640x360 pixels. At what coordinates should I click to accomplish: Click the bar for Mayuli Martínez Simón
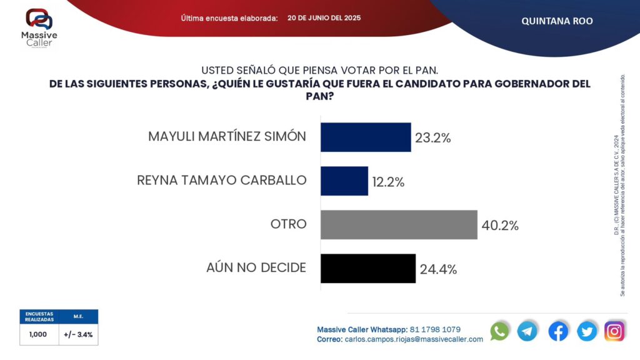click(x=366, y=137)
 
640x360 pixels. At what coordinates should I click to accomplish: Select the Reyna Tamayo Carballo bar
click(x=344, y=181)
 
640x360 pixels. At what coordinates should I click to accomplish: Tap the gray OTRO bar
click(x=399, y=224)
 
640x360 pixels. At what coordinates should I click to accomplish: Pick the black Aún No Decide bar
click(x=368, y=268)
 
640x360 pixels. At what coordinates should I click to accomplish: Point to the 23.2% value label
click(x=432, y=138)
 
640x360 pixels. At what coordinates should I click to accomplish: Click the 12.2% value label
click(x=389, y=182)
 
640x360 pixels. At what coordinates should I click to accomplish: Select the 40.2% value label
click(x=500, y=226)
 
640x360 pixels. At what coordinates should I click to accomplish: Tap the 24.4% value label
click(x=438, y=269)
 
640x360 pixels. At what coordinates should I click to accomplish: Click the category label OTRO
click(x=287, y=224)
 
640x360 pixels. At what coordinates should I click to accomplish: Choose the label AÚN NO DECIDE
click(x=256, y=267)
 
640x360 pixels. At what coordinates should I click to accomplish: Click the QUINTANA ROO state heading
click(x=557, y=21)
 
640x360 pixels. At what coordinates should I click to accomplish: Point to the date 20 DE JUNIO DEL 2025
click(x=324, y=17)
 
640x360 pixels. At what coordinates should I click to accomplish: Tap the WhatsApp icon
click(x=499, y=331)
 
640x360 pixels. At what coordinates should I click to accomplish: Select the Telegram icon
click(x=527, y=331)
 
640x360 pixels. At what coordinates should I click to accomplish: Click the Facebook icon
click(x=558, y=331)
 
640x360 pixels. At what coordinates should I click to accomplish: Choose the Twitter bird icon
click(x=587, y=331)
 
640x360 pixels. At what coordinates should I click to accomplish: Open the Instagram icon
click(x=615, y=331)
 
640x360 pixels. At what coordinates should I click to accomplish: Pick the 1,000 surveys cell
click(x=39, y=334)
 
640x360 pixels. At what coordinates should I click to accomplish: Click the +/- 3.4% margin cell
click(x=78, y=334)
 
